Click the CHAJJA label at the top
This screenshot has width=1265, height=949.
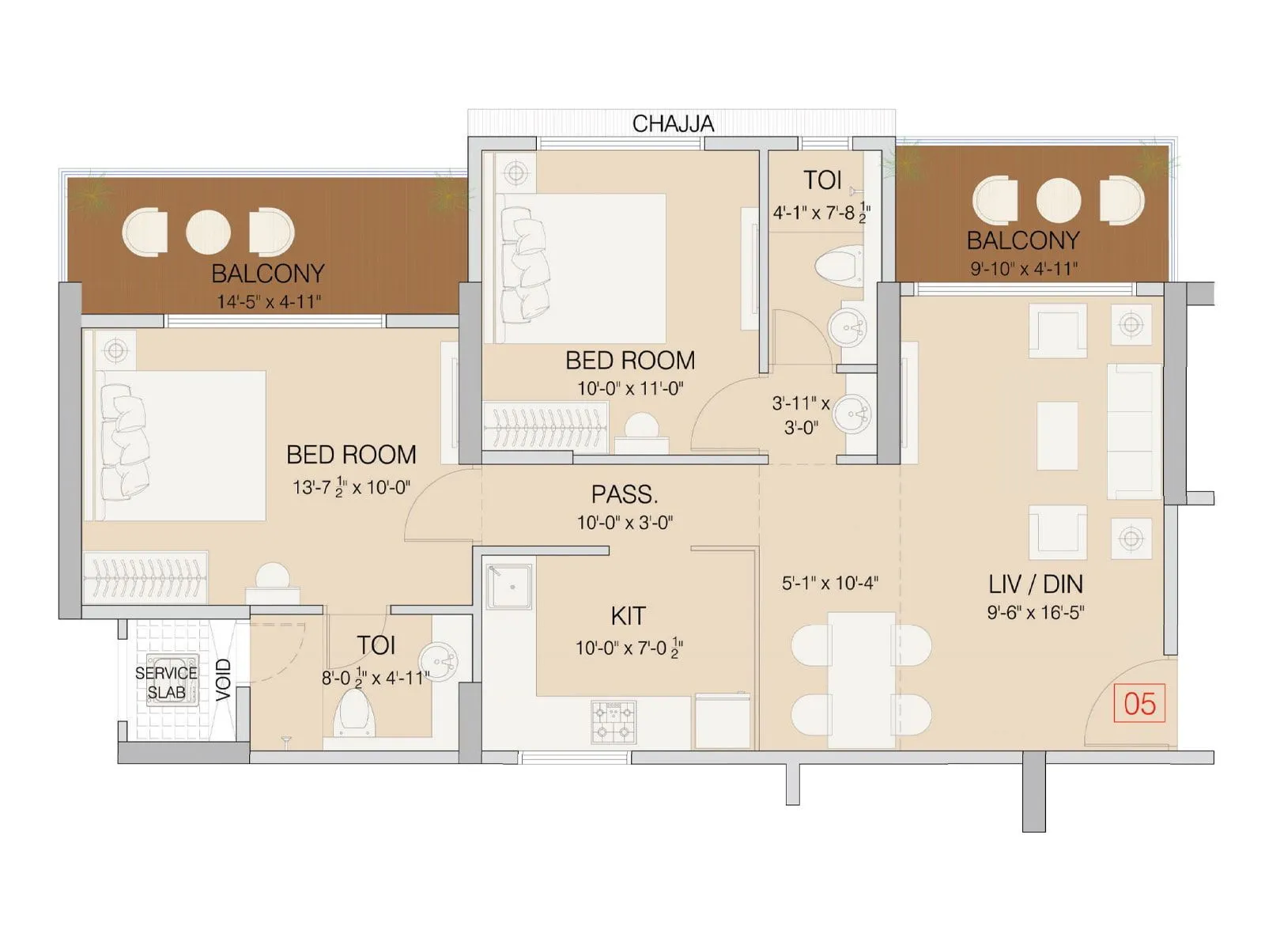[673, 123]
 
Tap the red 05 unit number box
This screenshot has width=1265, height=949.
[1139, 704]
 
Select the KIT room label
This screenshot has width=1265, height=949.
[628, 615]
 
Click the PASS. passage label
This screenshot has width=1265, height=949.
[624, 494]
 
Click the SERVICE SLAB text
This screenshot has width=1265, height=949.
[166, 682]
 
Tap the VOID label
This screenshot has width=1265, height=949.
[224, 679]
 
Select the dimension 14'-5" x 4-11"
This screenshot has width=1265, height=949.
[269, 301]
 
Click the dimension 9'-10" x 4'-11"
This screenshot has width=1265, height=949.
[1024, 269]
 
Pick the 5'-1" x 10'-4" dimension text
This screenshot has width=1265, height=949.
[830, 584]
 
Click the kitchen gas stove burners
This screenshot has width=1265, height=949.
[614, 722]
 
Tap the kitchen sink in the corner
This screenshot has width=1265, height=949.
[508, 586]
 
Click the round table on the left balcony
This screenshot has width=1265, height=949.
[208, 233]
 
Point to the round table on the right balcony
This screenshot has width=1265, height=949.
[1058, 199]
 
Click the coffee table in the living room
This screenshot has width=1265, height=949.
[1056, 435]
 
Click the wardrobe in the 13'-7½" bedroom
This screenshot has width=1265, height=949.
[145, 577]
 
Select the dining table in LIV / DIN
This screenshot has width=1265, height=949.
[861, 679]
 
